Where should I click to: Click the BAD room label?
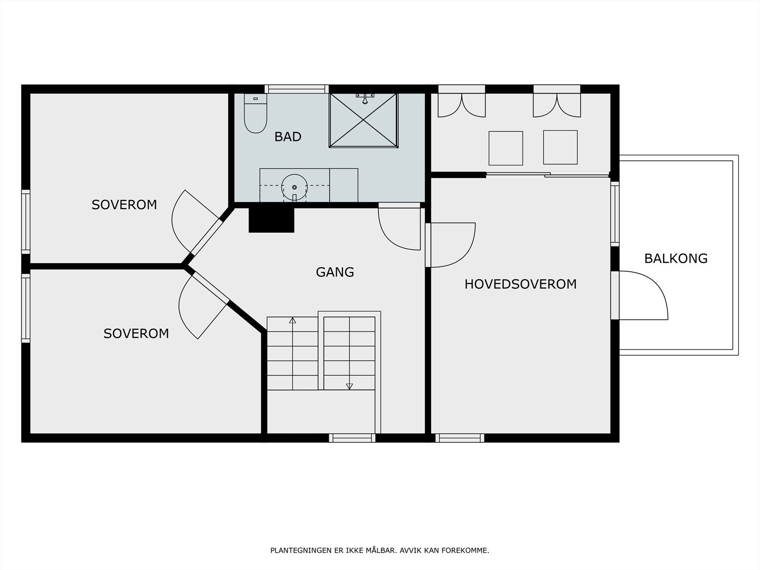pos(288,137)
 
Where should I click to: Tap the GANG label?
pos(335,272)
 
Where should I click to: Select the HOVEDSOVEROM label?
pos(521,284)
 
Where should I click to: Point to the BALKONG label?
pos(676,258)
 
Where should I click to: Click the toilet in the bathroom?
pos(256,113)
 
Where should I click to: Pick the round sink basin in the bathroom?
pos(294,187)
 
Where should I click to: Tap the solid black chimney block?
pos(271,220)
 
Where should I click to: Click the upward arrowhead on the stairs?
pos(293,320)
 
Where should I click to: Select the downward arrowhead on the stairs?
pos(349,386)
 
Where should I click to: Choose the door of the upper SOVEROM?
pos(197,222)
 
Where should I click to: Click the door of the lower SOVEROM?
pos(204,305)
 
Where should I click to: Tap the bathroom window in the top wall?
pos(297,89)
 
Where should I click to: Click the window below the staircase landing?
pos(352,438)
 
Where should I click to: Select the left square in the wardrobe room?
pos(505,148)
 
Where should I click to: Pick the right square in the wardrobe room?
pos(560,147)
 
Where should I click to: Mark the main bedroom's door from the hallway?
pos(450,245)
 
